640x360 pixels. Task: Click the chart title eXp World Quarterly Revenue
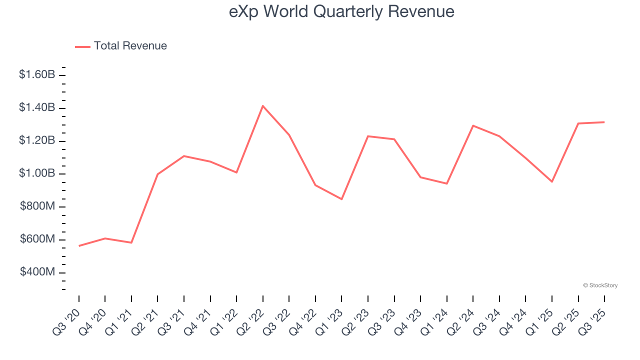(x=341, y=11)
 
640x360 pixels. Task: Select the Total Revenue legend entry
(x=130, y=46)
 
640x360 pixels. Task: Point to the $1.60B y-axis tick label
(x=37, y=75)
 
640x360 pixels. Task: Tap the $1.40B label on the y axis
(x=37, y=108)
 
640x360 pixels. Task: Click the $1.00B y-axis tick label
(x=37, y=174)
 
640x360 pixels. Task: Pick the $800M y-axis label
(x=37, y=207)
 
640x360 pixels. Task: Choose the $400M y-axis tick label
(x=37, y=272)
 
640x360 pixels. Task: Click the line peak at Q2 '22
(x=263, y=106)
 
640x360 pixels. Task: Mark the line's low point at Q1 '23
(x=341, y=199)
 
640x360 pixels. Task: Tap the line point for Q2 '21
(x=157, y=174)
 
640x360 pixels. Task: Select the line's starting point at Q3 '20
(x=79, y=246)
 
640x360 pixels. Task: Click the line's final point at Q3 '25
(x=604, y=122)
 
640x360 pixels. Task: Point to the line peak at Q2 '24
(x=473, y=125)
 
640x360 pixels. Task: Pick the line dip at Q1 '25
(x=551, y=181)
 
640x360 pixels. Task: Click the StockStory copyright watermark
(x=600, y=285)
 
